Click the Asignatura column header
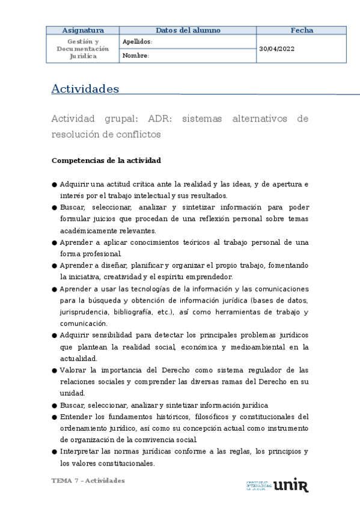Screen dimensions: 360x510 pyautogui.click(x=83, y=30)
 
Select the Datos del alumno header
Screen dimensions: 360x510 pyautogui.click(x=188, y=30)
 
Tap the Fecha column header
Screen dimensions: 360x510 pyautogui.click(x=302, y=30)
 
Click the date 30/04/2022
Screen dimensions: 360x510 pyautogui.click(x=277, y=49)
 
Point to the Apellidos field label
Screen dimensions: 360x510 pyautogui.click(x=137, y=42)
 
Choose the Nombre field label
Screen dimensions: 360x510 pyautogui.click(x=135, y=56)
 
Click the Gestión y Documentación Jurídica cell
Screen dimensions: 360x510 pyautogui.click(x=83, y=49)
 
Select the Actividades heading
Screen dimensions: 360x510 pyautogui.click(x=85, y=89)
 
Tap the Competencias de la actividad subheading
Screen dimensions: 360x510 pyautogui.click(x=106, y=161)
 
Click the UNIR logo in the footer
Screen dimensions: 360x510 pyautogui.click(x=291, y=484)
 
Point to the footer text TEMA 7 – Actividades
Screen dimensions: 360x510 pyautogui.click(x=88, y=481)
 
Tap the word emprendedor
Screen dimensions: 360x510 pyautogui.click(x=211, y=277)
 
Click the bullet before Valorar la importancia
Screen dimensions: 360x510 pyautogui.click(x=55, y=370)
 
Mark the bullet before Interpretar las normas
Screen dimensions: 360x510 pyautogui.click(x=55, y=452)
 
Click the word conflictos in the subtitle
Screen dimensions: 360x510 pyautogui.click(x=138, y=134)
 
